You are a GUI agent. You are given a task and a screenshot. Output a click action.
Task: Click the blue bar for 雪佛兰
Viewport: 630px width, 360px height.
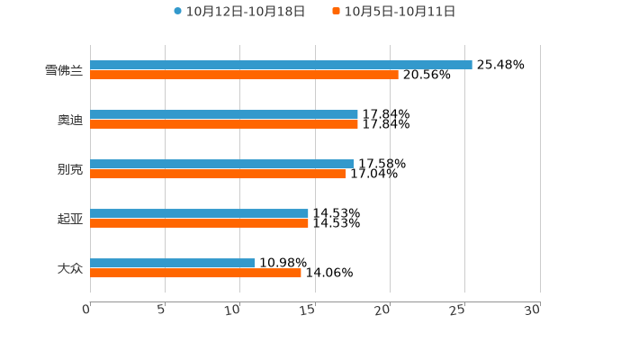(x=281, y=66)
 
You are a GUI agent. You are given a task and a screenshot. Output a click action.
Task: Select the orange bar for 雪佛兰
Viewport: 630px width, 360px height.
(x=244, y=76)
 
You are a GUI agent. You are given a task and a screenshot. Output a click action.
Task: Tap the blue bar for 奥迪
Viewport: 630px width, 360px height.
(x=224, y=115)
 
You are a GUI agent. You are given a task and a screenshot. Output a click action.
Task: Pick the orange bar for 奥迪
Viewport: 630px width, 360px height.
(x=224, y=125)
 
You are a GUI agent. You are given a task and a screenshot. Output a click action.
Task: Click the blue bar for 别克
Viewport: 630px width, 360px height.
(x=221, y=165)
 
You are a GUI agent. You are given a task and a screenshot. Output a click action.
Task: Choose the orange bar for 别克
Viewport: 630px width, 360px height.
(x=218, y=175)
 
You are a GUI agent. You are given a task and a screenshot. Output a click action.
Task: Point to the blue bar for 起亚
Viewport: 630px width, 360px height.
(x=199, y=214)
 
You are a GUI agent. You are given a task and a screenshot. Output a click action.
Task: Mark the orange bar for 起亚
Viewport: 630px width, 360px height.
(x=199, y=224)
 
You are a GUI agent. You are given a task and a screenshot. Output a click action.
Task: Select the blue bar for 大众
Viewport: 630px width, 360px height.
(x=172, y=264)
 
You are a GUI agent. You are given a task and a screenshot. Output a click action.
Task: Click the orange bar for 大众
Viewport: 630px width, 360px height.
(x=195, y=274)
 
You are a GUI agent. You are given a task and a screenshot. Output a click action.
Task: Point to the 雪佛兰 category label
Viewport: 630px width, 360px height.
(x=64, y=70)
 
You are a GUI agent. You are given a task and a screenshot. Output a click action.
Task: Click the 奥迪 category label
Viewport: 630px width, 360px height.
(x=70, y=120)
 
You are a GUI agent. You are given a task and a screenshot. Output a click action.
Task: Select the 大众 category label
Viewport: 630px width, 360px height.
(x=70, y=268)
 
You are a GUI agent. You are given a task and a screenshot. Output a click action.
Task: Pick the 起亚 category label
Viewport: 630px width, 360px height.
(x=70, y=219)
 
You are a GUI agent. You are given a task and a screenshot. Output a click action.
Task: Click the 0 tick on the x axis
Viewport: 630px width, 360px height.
(x=86, y=310)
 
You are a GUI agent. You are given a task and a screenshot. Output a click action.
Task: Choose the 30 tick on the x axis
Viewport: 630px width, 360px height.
(x=533, y=310)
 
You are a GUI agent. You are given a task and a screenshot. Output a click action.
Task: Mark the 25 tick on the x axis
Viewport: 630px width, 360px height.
(x=458, y=310)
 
